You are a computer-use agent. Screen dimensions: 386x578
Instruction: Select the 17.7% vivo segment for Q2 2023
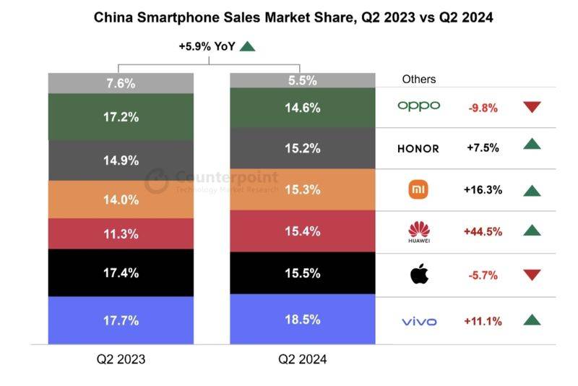[121, 319]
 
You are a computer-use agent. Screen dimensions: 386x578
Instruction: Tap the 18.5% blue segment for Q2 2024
[303, 319]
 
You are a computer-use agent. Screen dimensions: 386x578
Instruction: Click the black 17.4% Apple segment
[121, 273]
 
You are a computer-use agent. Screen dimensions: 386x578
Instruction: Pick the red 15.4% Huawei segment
[303, 231]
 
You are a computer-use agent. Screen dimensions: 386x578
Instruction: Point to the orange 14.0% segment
[121, 200]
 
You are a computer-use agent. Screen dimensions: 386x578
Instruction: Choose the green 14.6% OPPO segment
[303, 108]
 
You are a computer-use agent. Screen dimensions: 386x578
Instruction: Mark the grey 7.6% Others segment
[121, 83]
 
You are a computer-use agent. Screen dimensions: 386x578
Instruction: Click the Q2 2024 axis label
[303, 359]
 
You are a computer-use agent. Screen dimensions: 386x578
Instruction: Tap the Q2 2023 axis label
[121, 359]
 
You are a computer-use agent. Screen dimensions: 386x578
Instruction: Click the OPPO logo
[418, 106]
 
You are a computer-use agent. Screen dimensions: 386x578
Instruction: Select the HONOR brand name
[418, 148]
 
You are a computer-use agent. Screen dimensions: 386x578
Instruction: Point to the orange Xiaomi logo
[419, 190]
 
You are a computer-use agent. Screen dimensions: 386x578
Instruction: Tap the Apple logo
[418, 274]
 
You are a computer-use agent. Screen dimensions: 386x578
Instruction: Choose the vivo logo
[418, 320]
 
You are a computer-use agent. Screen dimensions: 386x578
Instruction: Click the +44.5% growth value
[483, 231]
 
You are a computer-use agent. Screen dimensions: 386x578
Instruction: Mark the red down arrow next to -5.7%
[532, 275]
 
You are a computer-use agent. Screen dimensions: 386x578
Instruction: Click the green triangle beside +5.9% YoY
[248, 46]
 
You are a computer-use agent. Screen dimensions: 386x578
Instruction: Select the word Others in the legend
[419, 79]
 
